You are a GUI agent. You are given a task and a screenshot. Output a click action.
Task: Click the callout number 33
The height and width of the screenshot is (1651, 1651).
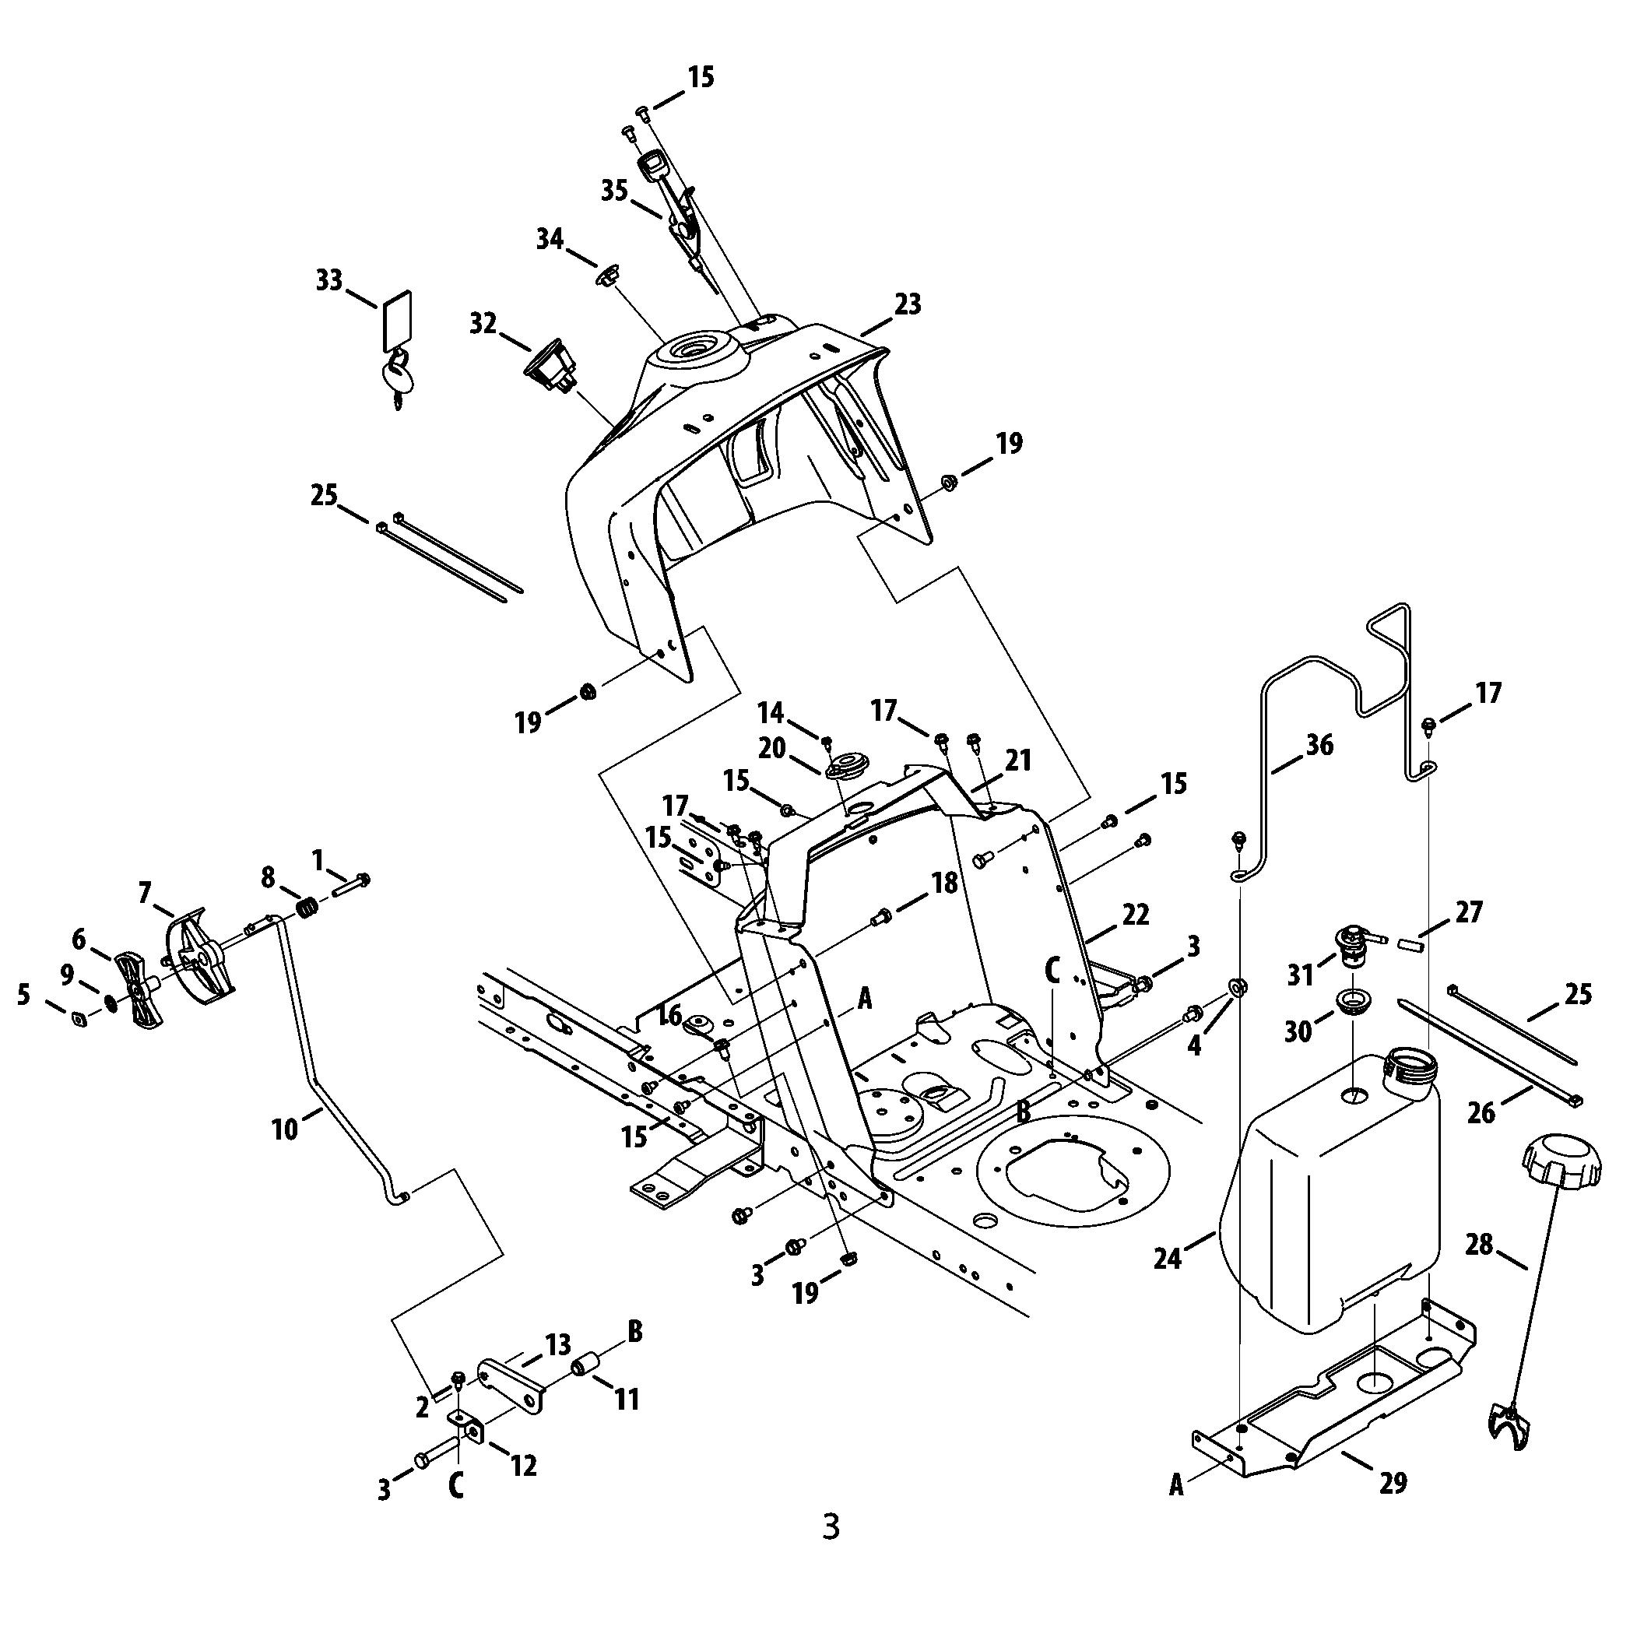[x=329, y=280]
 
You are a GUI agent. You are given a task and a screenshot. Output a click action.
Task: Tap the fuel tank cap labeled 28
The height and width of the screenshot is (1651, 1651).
[x=1561, y=1168]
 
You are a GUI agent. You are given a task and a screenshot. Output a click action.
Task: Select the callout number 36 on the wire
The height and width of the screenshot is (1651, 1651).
[x=1319, y=745]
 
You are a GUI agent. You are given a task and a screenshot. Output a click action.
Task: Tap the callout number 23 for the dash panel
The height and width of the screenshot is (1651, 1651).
[x=908, y=304]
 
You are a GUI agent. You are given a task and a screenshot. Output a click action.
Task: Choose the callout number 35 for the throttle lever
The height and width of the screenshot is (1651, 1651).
[x=613, y=191]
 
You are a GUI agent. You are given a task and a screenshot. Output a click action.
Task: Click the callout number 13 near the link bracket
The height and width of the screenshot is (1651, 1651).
[x=558, y=1345]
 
